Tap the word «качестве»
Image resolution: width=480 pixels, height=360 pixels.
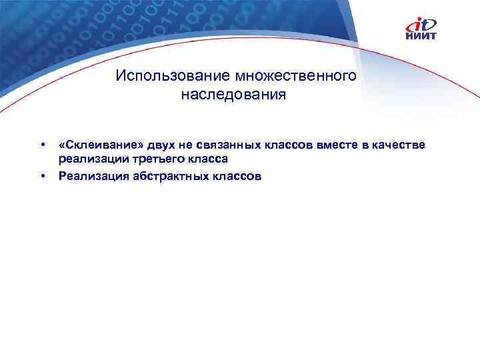(x=397, y=146)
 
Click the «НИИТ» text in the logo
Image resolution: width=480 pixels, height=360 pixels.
(x=421, y=36)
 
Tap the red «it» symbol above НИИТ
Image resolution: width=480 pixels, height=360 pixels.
(x=421, y=24)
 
